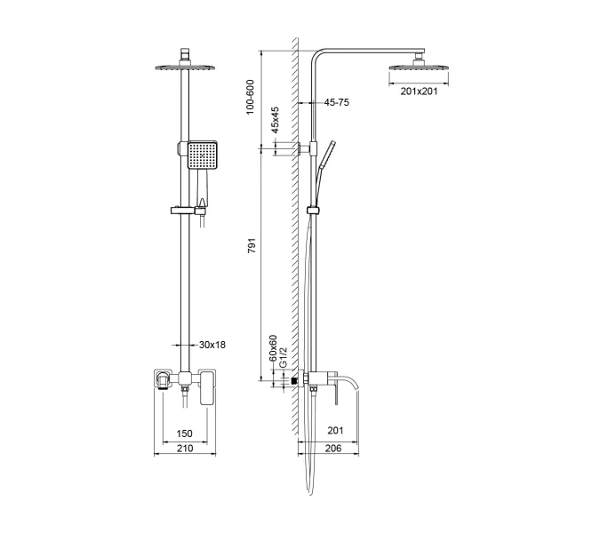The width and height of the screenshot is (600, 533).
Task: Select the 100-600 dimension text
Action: (252, 96)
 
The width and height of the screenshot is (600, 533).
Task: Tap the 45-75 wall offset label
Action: (336, 103)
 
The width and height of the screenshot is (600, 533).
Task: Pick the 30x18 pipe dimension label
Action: (212, 345)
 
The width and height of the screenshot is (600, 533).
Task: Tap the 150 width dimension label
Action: (184, 433)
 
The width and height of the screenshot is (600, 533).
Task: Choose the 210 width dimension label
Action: (184, 449)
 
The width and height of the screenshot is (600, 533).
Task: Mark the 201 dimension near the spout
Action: (335, 431)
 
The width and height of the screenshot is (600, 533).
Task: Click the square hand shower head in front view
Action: (202, 156)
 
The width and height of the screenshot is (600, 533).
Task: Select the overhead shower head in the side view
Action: (416, 67)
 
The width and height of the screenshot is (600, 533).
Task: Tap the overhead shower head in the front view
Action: (185, 68)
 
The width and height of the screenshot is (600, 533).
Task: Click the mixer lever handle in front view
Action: (210, 390)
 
